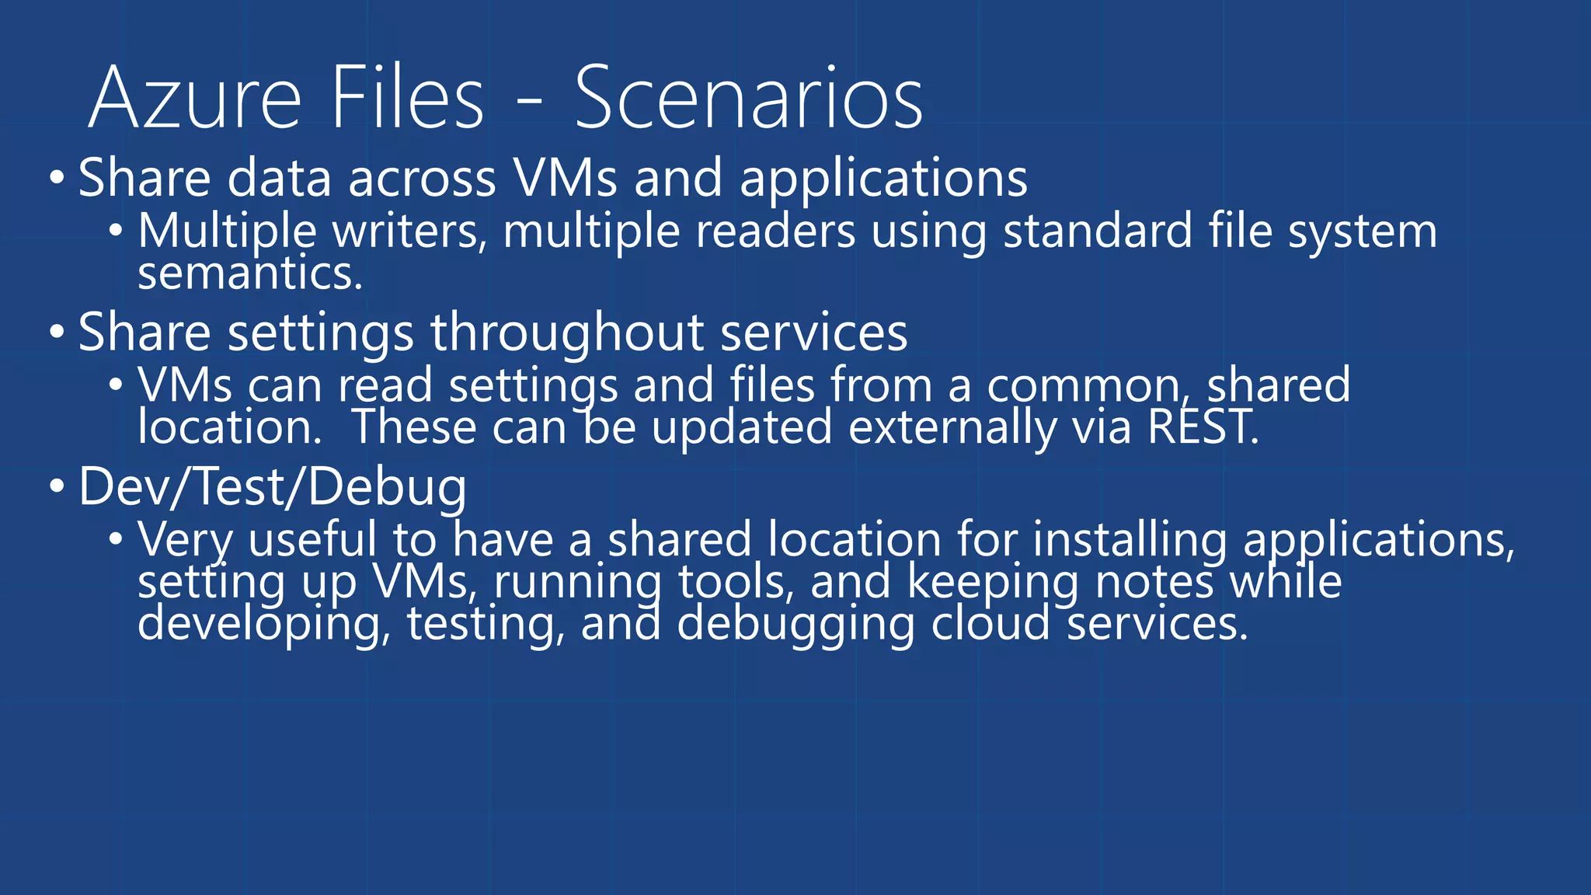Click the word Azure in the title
point(194,99)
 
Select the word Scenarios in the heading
point(748,99)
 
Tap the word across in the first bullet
point(422,179)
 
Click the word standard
point(1098,232)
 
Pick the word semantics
point(250,274)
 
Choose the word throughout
point(567,333)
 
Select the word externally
point(952,428)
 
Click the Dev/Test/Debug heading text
point(273,487)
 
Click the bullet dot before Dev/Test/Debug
point(57,487)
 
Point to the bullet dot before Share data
point(57,179)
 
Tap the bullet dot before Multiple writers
point(116,231)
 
